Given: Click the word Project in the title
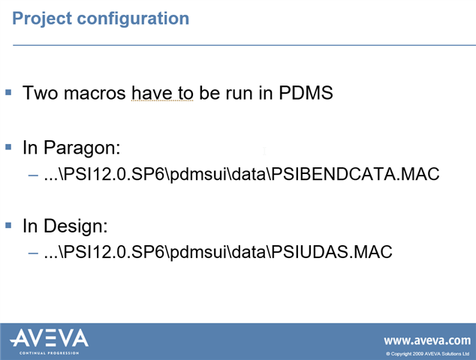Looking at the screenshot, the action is [42, 19].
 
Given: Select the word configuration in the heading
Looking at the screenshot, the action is [133, 19].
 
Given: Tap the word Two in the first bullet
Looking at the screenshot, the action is [40, 93].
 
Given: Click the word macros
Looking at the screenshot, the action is [95, 93].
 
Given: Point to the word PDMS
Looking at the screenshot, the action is [306, 93].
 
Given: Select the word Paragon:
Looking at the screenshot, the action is [82, 148].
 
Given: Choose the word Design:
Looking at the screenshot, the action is [76, 226].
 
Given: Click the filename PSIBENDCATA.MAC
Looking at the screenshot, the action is [355, 174].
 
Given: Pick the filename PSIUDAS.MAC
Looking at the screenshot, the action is [332, 252].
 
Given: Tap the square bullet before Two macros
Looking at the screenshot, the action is [8, 92].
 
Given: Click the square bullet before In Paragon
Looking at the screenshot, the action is [8, 147].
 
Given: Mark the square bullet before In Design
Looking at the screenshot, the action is [8, 225].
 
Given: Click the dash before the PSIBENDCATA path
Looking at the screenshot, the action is [33, 175].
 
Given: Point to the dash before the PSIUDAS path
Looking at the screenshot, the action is [33, 253].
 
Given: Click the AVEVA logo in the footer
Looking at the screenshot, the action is [50, 337].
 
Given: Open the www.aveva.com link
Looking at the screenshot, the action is [427, 340].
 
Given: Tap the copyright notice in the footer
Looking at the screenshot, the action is [428, 354].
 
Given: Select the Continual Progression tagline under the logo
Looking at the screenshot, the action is [50, 353].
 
